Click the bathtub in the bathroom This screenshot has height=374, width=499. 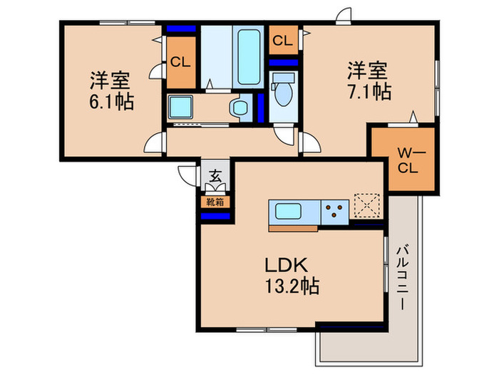(x=249, y=57)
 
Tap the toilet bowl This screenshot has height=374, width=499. (x=283, y=89)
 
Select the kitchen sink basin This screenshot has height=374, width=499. (x=288, y=212)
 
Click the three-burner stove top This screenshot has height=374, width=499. (x=335, y=212)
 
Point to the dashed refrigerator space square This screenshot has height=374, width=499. (x=367, y=206)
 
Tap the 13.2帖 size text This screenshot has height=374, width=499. (x=292, y=286)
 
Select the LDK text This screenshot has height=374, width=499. (x=286, y=265)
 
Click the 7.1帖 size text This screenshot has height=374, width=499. (x=369, y=92)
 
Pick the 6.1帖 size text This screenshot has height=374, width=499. (x=111, y=101)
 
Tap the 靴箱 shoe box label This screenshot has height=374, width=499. (x=215, y=202)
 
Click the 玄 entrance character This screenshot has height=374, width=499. (x=215, y=176)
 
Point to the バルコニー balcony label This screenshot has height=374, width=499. (x=403, y=276)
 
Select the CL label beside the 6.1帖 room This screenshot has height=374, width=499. (x=180, y=62)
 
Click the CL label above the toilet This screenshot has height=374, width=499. (x=282, y=41)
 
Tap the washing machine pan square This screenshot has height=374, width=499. (x=180, y=107)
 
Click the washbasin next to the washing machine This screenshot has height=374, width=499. (x=240, y=108)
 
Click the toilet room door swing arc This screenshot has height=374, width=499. (x=284, y=136)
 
